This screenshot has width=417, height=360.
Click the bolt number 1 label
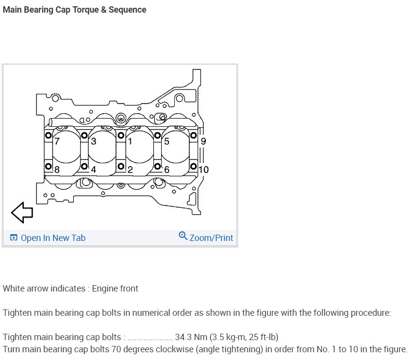click(x=130, y=141)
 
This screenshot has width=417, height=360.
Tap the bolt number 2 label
click(x=130, y=170)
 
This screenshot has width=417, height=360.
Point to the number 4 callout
click(x=93, y=170)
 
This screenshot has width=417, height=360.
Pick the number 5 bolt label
click(x=167, y=141)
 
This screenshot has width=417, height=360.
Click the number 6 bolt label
click(x=167, y=170)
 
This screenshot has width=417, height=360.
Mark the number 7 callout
click(x=57, y=141)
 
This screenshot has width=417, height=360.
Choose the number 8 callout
click(x=57, y=170)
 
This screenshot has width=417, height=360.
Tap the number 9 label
click(x=203, y=141)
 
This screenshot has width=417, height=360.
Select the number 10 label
click(x=203, y=170)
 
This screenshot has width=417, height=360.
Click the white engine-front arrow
click(x=22, y=212)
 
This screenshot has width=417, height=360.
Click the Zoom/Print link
click(x=211, y=238)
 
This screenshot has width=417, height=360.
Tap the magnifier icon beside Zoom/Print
click(x=183, y=236)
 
